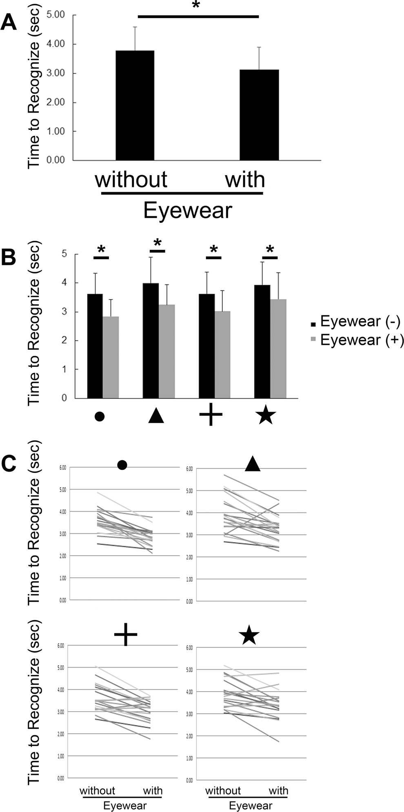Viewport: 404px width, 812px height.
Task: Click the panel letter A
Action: click(9, 22)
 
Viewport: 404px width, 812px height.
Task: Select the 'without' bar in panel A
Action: click(135, 105)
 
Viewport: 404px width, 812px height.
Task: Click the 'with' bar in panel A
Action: click(259, 115)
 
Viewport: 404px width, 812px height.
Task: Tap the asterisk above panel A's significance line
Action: click(196, 8)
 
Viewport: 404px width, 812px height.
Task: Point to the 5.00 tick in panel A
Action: click(56, 15)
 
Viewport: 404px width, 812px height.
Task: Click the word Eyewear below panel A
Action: click(188, 211)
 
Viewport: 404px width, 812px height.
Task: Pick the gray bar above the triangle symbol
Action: click(166, 351)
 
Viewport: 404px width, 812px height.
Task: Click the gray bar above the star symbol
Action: click(278, 348)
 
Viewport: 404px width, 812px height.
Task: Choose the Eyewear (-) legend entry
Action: click(355, 322)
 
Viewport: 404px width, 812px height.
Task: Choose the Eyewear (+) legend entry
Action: click(355, 340)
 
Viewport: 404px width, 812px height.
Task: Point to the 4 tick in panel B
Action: click(64, 283)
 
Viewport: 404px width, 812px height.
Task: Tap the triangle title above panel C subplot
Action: click(253, 464)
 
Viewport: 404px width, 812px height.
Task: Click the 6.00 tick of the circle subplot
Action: click(62, 468)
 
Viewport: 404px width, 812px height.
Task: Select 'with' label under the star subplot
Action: click(278, 779)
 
